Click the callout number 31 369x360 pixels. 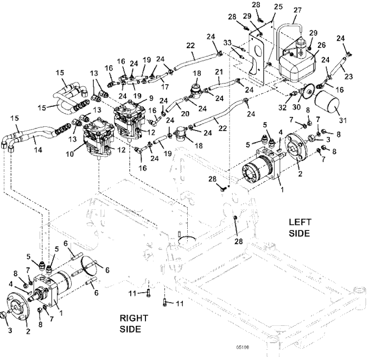(342, 120)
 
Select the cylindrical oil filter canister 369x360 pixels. (327, 103)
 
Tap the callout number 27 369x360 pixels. (297, 10)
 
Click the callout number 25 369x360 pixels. (278, 7)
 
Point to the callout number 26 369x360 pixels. (321, 44)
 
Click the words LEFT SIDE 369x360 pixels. (300, 228)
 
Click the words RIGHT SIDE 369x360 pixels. (133, 324)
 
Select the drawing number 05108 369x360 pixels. (243, 348)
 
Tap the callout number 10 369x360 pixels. (70, 154)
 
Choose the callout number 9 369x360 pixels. (151, 98)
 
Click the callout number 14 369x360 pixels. (38, 150)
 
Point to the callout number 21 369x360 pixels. (219, 72)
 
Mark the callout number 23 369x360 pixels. (348, 76)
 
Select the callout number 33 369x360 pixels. (227, 43)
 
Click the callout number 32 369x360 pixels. (282, 107)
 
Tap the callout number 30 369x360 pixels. (296, 107)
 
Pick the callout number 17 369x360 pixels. (165, 87)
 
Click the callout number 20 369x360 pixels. (185, 113)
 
